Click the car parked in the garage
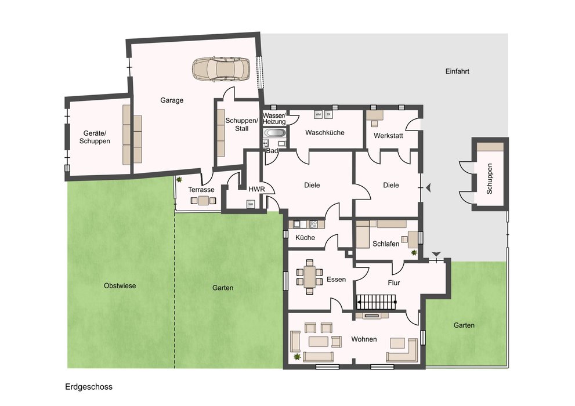coord(222,68)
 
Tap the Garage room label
coord(172,100)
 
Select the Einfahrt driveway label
coord(457,71)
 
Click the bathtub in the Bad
coord(274,133)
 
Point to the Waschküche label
coord(324,132)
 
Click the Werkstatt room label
coord(388,136)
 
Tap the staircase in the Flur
coord(377,302)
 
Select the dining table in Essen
coord(309,277)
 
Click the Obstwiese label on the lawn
coord(120,286)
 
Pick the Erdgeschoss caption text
coord(89,387)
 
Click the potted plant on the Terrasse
coord(180,180)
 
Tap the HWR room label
coord(256,190)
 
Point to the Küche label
coord(305,237)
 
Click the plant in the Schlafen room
coord(414,252)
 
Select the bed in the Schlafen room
coord(362,234)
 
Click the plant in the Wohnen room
coord(296,357)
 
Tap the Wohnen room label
coord(364,339)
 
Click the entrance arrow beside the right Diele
coord(427,187)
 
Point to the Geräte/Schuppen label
coord(95,137)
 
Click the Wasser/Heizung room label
coord(274,119)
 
